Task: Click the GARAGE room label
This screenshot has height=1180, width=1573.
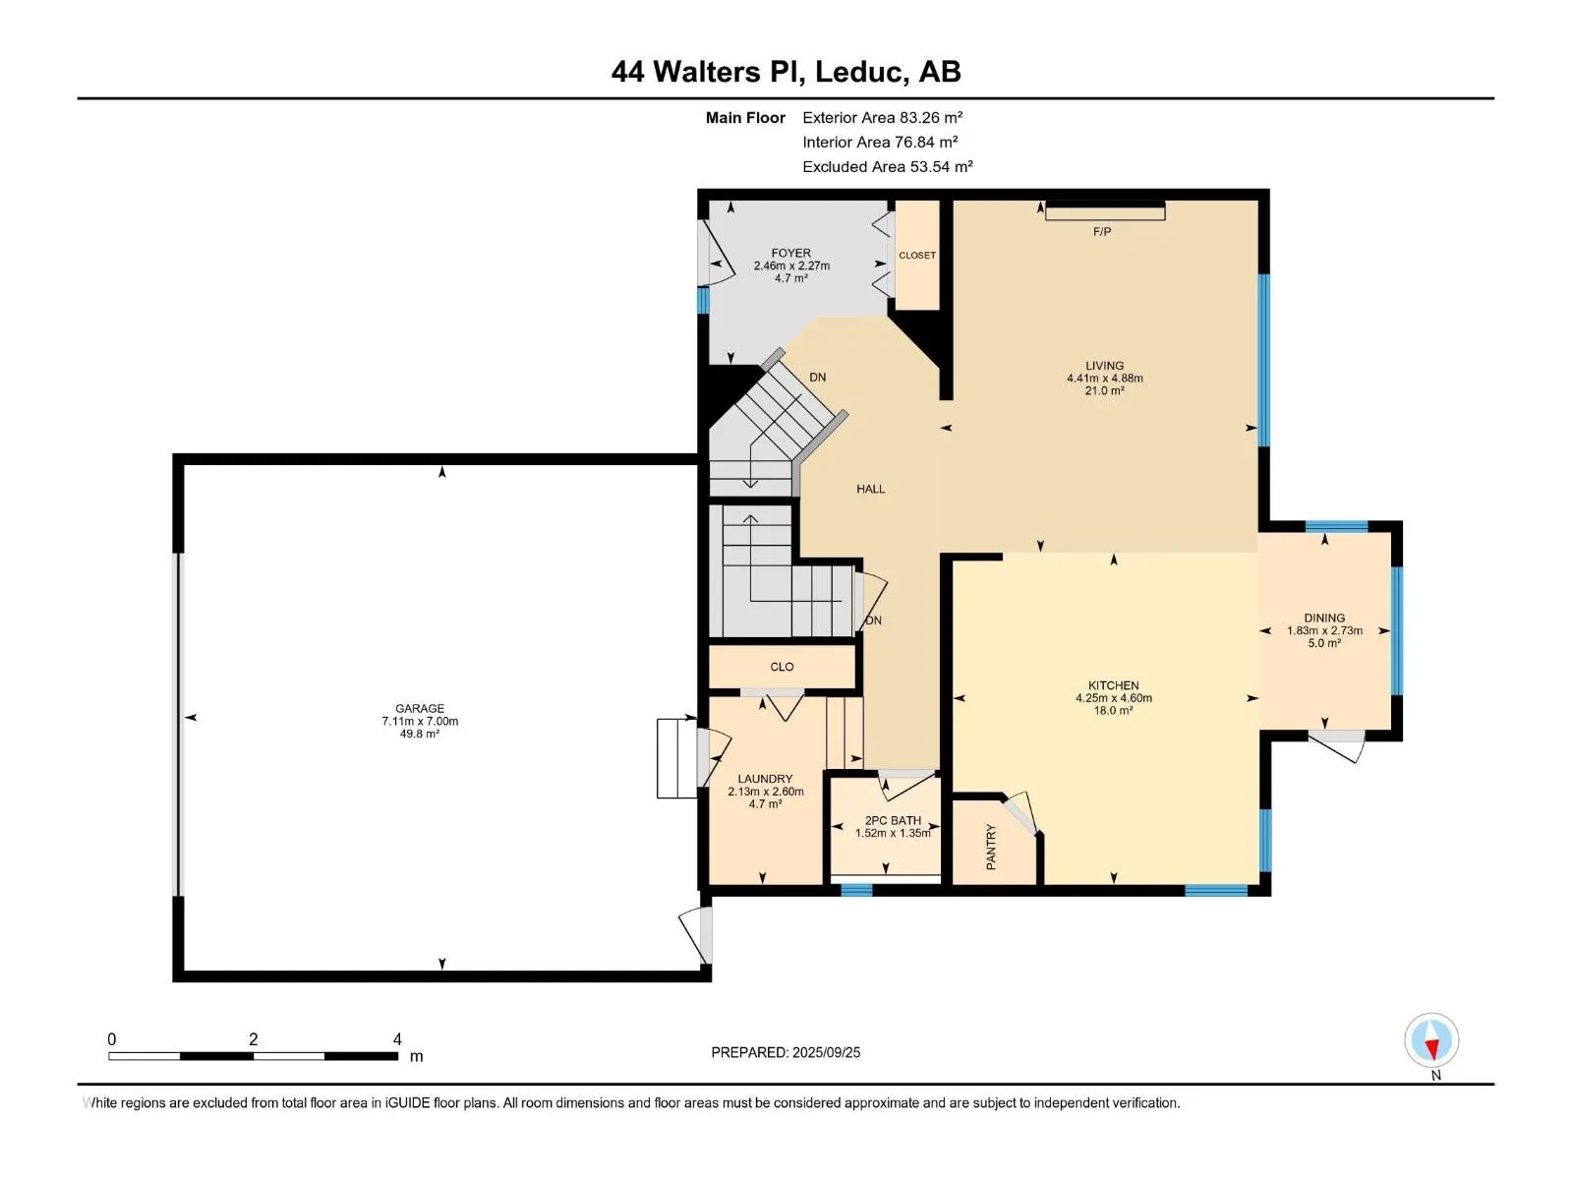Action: (x=419, y=709)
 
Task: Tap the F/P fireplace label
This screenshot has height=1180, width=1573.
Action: (x=1101, y=231)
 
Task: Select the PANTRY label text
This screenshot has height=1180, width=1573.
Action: (x=991, y=847)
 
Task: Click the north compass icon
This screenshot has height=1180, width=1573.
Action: (x=1431, y=1039)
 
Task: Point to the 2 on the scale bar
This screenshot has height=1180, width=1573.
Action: (x=253, y=1038)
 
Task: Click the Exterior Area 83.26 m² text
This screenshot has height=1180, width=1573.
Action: (x=882, y=117)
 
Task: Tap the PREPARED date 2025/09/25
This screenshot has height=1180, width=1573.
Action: (x=826, y=1052)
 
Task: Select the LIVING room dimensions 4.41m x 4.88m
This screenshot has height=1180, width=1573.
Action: (x=1104, y=379)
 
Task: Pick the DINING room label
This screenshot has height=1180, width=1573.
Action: (x=1324, y=618)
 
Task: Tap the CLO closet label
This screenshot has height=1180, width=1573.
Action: (x=782, y=667)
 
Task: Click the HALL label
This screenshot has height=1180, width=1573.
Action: (x=871, y=489)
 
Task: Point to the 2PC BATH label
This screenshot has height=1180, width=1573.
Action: (x=893, y=820)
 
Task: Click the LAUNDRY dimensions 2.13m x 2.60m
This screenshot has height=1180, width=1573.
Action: (x=765, y=792)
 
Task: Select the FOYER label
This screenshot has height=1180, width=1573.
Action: (x=791, y=253)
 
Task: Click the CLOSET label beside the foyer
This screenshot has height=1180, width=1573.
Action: (x=917, y=255)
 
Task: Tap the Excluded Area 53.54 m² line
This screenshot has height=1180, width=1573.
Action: (x=887, y=167)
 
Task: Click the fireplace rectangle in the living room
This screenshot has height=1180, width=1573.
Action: (x=1105, y=211)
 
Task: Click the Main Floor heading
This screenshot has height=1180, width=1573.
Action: (x=745, y=117)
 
